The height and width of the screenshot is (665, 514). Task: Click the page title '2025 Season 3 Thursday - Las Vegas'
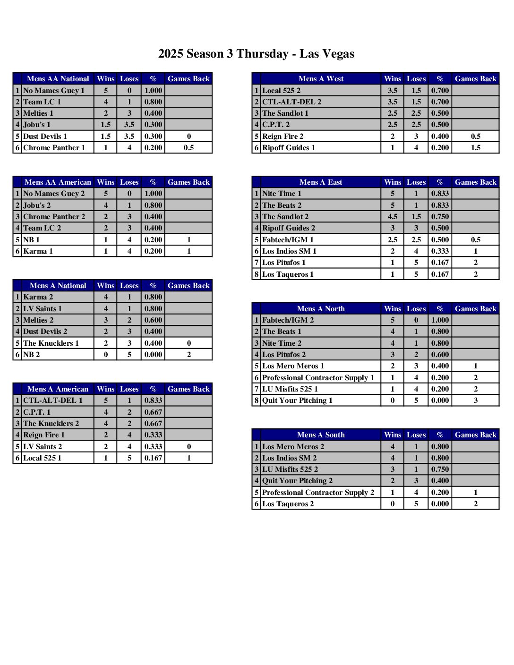(256, 54)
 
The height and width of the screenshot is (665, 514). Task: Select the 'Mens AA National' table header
(58, 79)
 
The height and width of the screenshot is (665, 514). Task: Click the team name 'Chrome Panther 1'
(54, 148)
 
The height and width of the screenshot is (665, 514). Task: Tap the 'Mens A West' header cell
(321, 79)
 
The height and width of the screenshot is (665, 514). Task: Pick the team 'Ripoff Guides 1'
(288, 148)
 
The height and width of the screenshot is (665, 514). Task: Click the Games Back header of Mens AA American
(188, 182)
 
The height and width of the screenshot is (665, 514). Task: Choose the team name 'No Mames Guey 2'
(54, 194)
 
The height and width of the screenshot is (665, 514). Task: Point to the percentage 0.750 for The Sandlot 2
(440, 217)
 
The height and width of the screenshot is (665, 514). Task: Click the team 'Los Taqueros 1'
(288, 274)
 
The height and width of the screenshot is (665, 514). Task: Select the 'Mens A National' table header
(58, 286)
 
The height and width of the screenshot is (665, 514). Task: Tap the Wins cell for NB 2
(106, 355)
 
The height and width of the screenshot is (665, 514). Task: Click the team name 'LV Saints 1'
(43, 309)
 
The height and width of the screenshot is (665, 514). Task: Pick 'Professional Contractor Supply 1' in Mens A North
(318, 378)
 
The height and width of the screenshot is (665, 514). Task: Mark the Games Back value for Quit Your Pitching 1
(475, 401)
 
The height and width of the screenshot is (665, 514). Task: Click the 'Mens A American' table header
(58, 389)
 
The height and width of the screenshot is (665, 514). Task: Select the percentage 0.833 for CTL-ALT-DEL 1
(153, 401)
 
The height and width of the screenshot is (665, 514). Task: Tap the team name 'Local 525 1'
(42, 458)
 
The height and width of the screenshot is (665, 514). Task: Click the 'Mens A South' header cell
(321, 435)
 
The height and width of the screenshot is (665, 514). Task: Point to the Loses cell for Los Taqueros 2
(416, 504)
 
